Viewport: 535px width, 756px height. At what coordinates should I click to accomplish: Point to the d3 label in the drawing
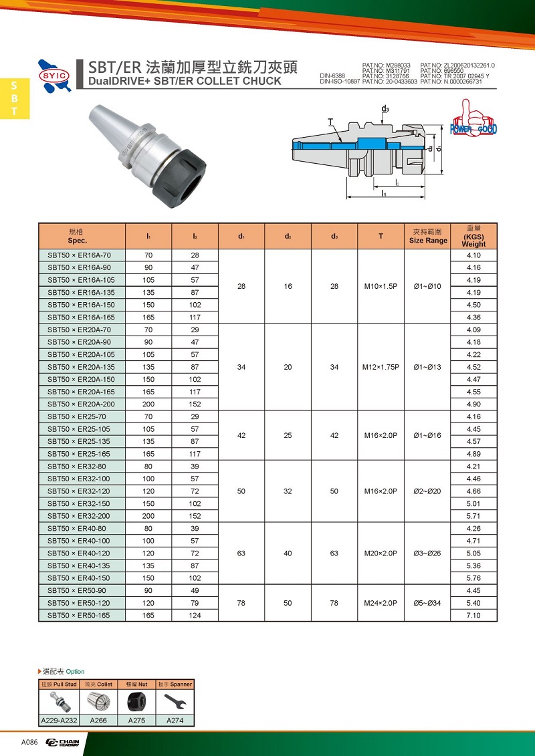(385, 108)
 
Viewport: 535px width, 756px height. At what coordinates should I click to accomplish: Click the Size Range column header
(428, 237)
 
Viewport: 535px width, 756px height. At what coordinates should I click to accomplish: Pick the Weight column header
(473, 237)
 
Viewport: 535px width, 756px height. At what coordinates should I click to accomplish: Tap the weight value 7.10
(473, 615)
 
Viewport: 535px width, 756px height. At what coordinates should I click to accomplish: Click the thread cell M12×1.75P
(381, 367)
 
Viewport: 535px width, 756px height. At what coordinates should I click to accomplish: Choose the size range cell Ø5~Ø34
(427, 603)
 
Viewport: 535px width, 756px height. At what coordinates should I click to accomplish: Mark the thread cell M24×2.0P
(381, 603)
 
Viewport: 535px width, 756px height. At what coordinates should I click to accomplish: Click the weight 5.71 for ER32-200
(473, 516)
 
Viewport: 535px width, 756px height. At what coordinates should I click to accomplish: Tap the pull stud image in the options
(59, 702)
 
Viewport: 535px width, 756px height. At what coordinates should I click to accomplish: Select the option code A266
(98, 721)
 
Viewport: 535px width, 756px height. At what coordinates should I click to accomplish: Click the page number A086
(29, 742)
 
